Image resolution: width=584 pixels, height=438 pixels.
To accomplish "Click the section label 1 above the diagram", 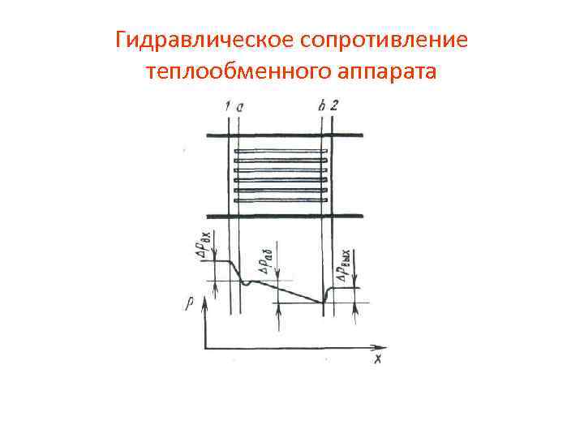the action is (x=230, y=105).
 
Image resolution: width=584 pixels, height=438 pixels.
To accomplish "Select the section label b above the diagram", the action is (x=322, y=105).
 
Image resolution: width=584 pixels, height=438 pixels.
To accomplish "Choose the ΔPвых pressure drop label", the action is (x=347, y=264).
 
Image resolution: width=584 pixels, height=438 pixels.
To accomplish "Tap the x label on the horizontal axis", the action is (x=377, y=358).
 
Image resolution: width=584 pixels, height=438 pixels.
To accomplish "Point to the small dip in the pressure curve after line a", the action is (x=246, y=283).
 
